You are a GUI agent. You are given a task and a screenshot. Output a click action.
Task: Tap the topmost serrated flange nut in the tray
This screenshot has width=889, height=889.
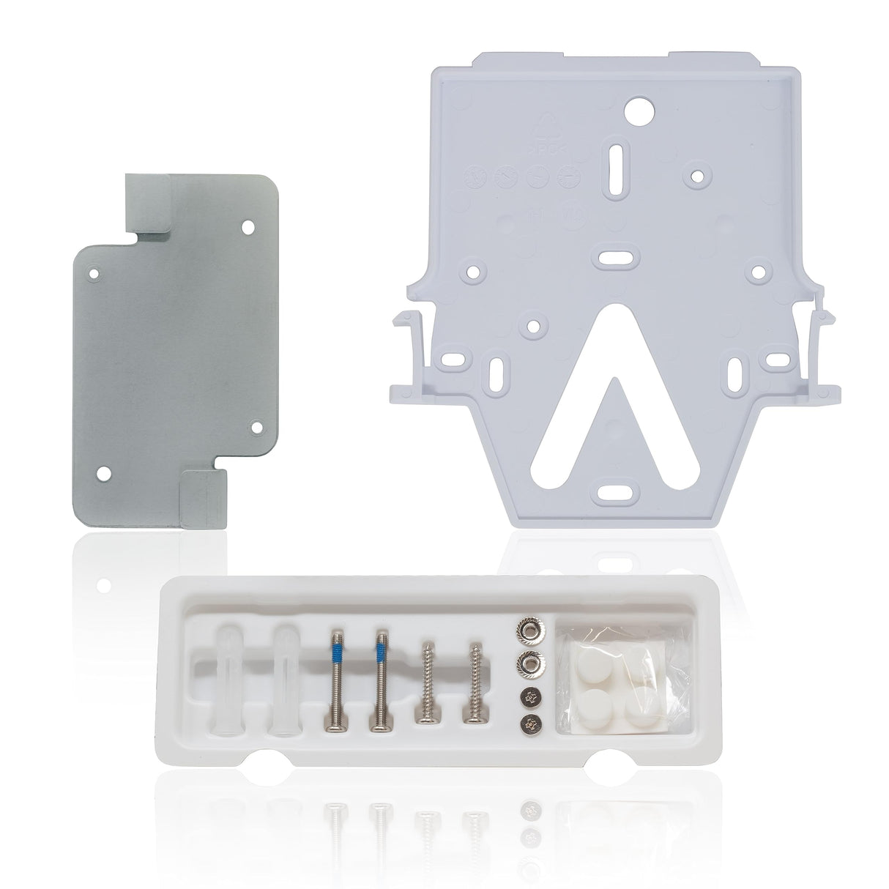(527, 629)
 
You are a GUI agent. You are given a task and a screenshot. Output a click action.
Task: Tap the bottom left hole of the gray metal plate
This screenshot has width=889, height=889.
(103, 473)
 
